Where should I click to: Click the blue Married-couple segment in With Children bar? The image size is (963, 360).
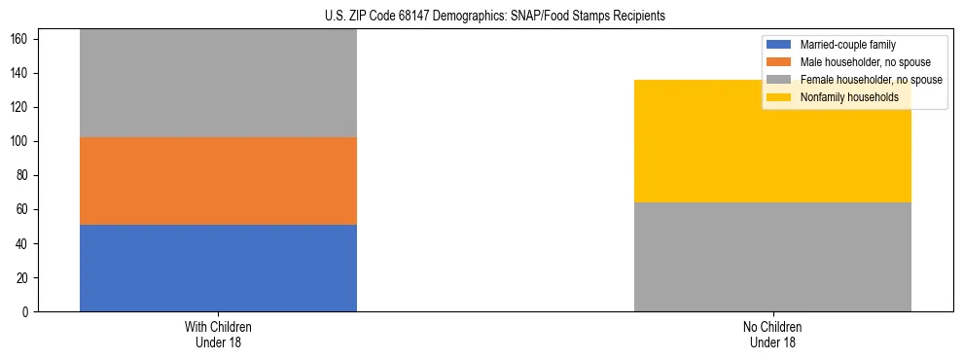218,268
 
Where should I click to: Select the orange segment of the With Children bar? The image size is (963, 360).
218,181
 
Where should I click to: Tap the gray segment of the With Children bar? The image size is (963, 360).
218,84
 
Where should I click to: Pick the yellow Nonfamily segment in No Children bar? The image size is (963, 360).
772,141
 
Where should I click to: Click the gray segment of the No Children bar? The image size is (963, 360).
772,257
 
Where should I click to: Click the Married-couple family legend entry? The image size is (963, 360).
847,45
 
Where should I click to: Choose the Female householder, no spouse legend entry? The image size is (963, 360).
871,80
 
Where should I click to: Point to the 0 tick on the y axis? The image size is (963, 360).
28,312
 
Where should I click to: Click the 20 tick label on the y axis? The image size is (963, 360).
25,278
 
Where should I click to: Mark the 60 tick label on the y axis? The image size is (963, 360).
25,210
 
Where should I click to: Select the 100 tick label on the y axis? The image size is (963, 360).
22,142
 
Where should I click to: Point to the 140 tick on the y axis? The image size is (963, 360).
22,74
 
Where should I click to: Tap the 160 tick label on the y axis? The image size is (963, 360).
22,40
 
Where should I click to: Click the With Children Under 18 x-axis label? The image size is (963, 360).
218,334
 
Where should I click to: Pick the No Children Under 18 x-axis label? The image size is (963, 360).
772,334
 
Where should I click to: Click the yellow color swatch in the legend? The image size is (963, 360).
780,97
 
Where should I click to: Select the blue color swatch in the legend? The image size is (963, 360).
780,45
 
